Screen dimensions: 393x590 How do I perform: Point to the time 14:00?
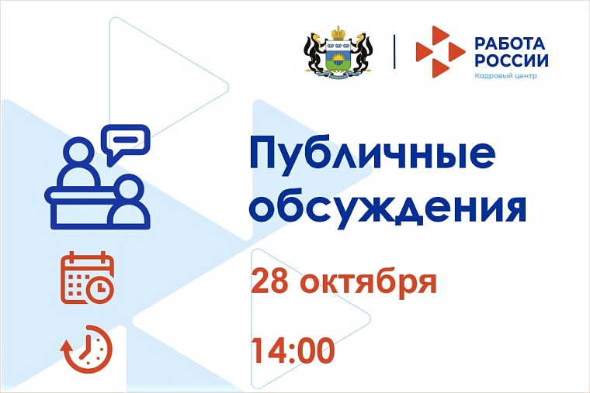(293, 350)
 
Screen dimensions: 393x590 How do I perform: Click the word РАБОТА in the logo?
(510, 43)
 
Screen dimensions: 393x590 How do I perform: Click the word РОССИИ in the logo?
(510, 60)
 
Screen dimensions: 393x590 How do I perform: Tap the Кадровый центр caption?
(505, 77)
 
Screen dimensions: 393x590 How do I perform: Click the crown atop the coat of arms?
(337, 33)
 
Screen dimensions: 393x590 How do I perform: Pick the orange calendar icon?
(87, 278)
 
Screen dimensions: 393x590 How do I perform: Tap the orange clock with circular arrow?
(87, 349)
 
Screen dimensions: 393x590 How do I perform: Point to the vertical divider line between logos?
(394, 51)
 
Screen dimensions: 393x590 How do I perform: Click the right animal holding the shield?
(359, 54)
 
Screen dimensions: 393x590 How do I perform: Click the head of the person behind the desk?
(80, 155)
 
